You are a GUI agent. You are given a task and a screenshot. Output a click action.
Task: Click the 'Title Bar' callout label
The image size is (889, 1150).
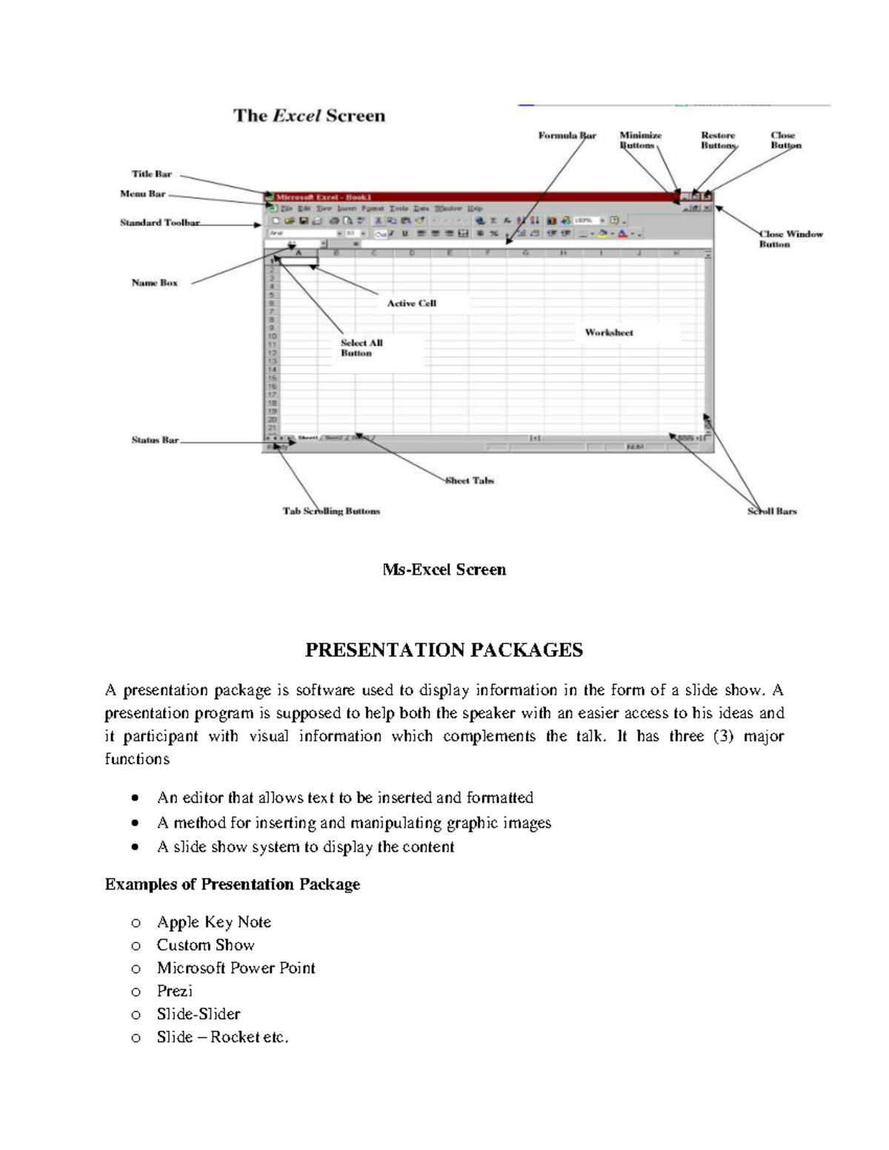[x=151, y=174]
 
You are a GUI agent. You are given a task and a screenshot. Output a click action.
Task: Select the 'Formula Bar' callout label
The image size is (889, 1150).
[x=567, y=136]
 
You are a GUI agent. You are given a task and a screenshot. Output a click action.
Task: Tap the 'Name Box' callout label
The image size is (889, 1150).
[x=154, y=283]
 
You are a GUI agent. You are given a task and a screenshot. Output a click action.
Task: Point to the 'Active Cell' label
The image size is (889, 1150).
[x=411, y=304]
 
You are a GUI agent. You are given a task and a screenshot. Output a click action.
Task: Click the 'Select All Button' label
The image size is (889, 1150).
[x=362, y=348]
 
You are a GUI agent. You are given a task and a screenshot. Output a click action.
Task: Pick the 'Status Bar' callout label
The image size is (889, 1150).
[x=155, y=440]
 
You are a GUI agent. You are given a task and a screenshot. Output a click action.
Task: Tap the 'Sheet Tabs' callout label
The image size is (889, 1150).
[x=469, y=481]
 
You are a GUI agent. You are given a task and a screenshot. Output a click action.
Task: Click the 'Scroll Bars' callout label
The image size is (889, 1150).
[x=772, y=511]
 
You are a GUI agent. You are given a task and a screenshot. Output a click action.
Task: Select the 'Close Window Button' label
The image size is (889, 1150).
[x=790, y=239]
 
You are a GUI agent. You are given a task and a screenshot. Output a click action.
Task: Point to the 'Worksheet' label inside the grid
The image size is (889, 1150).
[x=609, y=333]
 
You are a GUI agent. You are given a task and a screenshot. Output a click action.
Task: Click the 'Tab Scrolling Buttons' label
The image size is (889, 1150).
[x=331, y=511]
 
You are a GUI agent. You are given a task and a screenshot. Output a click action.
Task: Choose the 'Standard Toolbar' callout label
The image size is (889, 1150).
[x=159, y=223]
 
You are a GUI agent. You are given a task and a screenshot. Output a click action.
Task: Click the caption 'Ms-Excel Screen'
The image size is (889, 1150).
[x=444, y=569]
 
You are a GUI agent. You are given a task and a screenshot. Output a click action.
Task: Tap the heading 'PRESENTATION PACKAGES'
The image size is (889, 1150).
[x=444, y=650]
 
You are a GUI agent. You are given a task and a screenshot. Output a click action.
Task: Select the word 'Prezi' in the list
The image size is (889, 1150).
[x=174, y=991]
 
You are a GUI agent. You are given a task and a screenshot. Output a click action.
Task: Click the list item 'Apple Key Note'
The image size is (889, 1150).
[x=213, y=922]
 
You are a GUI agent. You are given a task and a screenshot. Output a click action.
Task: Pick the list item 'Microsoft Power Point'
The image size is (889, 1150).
[x=236, y=968]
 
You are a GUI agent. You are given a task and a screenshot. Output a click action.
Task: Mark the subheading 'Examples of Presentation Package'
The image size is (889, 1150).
[x=232, y=884]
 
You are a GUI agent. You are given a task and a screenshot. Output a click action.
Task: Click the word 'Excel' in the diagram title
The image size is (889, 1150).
[x=296, y=116]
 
